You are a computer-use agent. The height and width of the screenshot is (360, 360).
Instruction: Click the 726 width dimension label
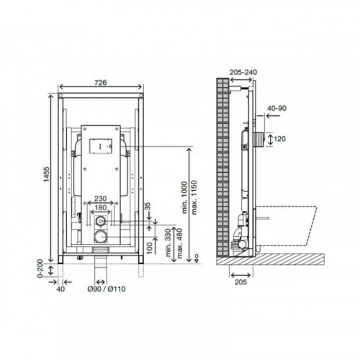click(x=100, y=83)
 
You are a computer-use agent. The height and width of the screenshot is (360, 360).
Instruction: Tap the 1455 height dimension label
click(x=46, y=174)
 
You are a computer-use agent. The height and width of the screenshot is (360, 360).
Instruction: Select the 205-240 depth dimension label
click(x=243, y=72)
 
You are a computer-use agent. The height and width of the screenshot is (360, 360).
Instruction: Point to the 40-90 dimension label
click(x=277, y=108)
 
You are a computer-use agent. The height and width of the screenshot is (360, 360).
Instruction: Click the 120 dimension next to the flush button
click(x=279, y=139)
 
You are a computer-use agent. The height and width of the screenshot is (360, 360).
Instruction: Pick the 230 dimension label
click(x=100, y=199)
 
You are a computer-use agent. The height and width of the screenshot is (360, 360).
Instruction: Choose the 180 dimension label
click(x=100, y=207)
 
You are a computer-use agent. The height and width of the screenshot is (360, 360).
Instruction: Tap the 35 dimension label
click(x=148, y=207)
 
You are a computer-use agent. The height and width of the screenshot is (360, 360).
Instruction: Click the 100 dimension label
click(x=149, y=248)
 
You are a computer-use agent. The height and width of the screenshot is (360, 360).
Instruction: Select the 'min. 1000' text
click(x=184, y=197)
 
